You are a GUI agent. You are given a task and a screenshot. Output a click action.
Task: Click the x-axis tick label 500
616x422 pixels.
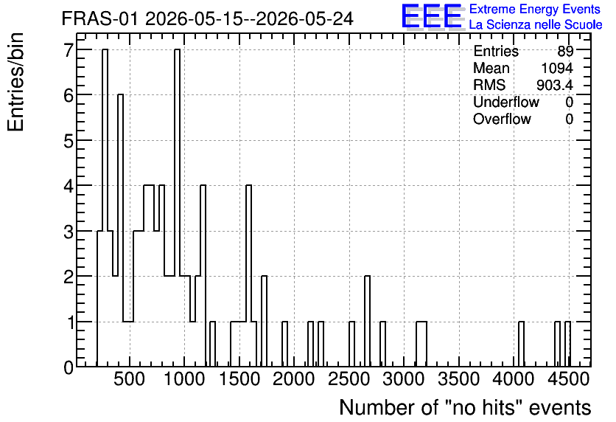(129, 379)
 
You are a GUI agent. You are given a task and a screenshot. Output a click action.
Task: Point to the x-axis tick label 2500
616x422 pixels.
(349, 379)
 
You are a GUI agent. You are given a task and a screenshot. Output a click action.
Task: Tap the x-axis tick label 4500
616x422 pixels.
(568, 379)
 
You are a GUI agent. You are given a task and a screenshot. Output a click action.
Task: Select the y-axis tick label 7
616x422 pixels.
(69, 50)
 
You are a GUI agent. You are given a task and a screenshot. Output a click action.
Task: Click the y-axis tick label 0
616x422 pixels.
(69, 367)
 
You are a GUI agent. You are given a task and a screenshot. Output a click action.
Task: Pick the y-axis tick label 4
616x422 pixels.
(69, 186)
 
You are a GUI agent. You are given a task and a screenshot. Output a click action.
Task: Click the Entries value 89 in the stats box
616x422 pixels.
(565, 51)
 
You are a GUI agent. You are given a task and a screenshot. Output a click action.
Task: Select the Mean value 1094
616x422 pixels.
(557, 68)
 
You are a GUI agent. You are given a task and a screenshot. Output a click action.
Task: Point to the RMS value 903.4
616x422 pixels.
(555, 85)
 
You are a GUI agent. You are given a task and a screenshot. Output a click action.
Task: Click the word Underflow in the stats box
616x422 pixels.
(506, 102)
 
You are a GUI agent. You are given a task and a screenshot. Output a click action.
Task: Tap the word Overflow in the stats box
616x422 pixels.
(502, 119)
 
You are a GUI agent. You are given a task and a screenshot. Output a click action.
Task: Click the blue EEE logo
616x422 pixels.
(432, 16)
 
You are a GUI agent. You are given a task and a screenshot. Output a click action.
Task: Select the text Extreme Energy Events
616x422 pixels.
(535, 9)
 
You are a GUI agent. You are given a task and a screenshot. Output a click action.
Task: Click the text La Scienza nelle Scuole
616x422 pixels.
(536, 24)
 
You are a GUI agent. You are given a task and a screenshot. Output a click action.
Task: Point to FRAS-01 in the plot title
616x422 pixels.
(99, 19)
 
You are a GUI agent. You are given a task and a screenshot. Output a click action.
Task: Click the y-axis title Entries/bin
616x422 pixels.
(16, 82)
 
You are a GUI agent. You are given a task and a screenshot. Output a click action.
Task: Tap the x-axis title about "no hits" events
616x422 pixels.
(465, 407)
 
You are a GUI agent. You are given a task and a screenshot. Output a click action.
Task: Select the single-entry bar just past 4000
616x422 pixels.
(522, 344)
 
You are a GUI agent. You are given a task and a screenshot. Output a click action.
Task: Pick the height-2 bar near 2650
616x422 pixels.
(367, 322)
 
